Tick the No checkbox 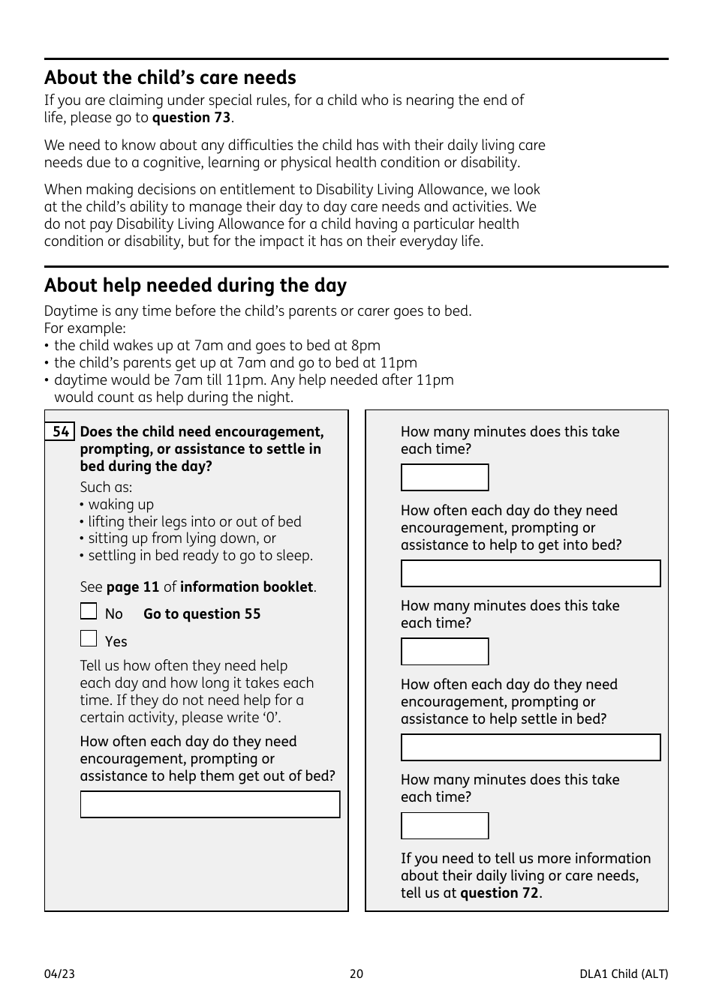tap(89, 611)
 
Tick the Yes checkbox tap(89, 639)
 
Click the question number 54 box tap(60, 432)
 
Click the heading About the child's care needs tap(170, 78)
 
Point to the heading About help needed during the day tap(195, 286)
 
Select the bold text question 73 tap(191, 118)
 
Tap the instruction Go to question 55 tap(202, 614)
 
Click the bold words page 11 tap(133, 587)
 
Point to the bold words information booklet tap(246, 587)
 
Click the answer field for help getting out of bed tap(210, 805)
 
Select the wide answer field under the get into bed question tap(531, 574)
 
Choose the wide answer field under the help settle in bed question tap(531, 748)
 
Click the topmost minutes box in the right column tap(444, 478)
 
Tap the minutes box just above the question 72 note tap(444, 826)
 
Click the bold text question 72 tap(499, 893)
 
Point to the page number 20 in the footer tap(356, 974)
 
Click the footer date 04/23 tap(59, 974)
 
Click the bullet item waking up tap(120, 505)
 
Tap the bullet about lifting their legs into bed tap(194, 522)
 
